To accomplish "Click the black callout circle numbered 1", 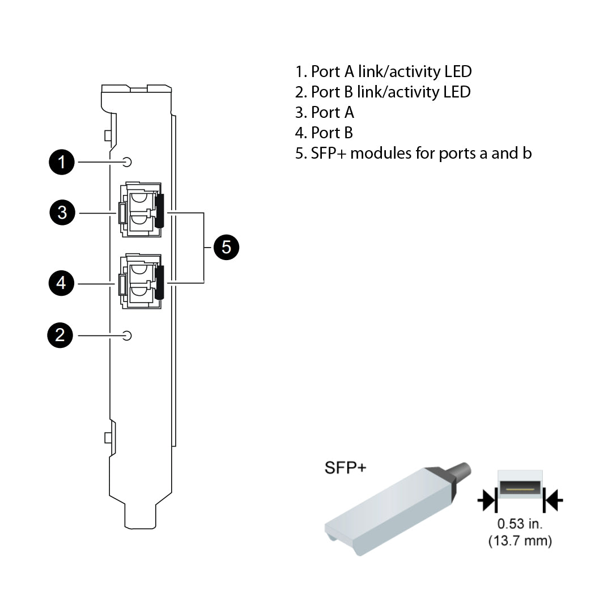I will (x=61, y=163).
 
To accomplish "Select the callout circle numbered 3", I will (x=62, y=213).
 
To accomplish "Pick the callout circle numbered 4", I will (x=61, y=283).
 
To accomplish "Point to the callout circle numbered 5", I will (x=227, y=247).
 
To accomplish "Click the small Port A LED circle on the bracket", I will (x=127, y=163).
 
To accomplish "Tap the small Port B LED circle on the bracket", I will (x=127, y=335).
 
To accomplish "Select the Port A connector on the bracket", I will (x=141, y=210).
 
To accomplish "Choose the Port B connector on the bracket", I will (x=141, y=281).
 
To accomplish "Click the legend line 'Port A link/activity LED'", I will (x=383, y=71).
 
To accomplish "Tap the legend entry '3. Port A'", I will (x=324, y=112).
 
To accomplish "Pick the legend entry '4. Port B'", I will (x=324, y=133).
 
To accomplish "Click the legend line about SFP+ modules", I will (x=413, y=153).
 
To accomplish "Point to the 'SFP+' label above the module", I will (x=345, y=467).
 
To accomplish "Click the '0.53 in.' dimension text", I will (x=520, y=524).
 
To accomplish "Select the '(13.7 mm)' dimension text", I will (x=520, y=541).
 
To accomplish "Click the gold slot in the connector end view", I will (x=520, y=488).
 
